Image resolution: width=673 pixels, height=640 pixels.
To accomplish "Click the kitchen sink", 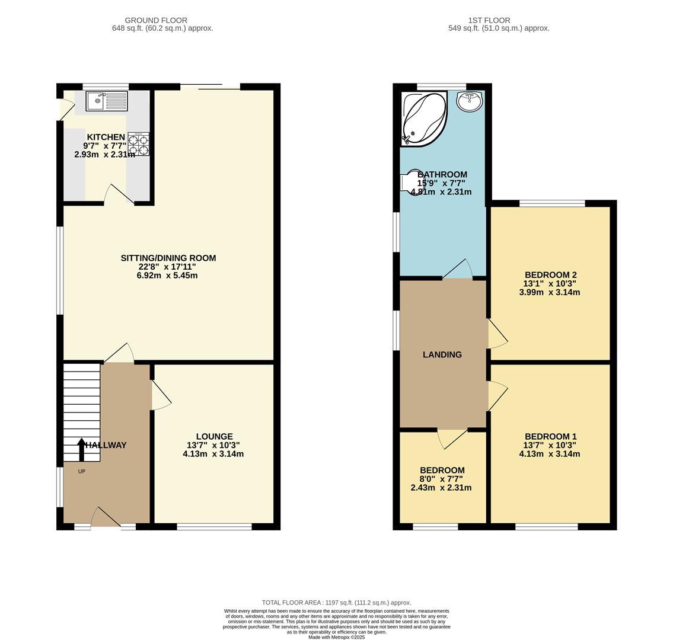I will tap(107, 101).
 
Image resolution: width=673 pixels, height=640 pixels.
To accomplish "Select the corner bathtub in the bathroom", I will tap(423, 118).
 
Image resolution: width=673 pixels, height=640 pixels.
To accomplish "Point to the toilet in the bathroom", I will tap(410, 182).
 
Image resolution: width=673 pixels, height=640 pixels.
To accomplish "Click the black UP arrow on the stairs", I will tap(81, 449).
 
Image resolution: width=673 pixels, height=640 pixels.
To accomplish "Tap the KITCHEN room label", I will tap(106, 137).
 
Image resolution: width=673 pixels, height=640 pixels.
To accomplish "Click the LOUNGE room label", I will tap(214, 436).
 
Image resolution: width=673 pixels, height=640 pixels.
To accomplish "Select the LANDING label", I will tap(442, 354).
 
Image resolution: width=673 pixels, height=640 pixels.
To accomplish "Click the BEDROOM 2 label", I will tap(550, 275).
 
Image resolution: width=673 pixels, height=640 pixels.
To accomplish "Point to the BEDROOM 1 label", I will tap(550, 436).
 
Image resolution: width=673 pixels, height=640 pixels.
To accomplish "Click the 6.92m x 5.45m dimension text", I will tap(167, 276).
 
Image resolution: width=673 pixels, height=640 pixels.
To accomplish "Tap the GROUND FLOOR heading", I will tap(156, 20).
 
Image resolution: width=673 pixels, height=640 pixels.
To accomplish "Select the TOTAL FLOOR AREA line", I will tap(336, 603).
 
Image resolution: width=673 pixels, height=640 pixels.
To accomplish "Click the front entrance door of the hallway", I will tap(106, 517).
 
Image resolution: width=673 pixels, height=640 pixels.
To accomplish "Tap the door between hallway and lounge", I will tap(161, 396).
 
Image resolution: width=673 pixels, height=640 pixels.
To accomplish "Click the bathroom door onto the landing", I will tap(458, 270).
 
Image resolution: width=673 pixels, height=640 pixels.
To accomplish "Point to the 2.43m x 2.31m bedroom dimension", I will tap(441, 488).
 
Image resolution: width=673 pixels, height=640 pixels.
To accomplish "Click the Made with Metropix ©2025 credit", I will tap(336, 637).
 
